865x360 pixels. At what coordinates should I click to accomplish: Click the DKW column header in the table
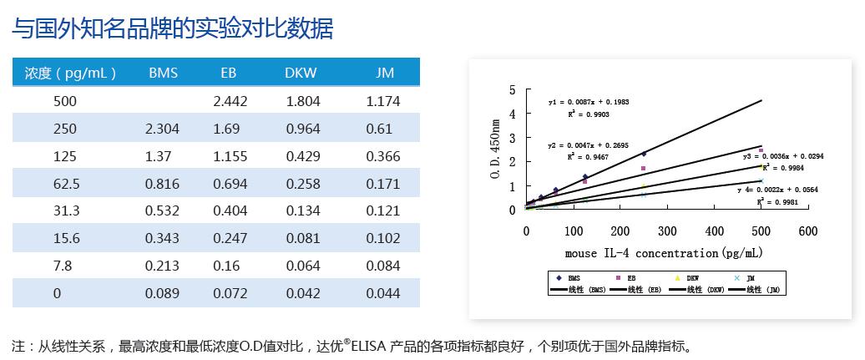point(301,73)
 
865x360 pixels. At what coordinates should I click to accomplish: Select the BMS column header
point(163,73)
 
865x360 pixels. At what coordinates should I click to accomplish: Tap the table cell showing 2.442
point(230,101)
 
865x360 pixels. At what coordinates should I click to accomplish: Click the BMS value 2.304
point(162,129)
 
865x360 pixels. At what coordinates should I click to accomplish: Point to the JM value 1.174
point(383,101)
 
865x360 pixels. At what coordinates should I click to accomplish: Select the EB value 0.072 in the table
point(230,293)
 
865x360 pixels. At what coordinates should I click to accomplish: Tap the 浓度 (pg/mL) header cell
point(70,73)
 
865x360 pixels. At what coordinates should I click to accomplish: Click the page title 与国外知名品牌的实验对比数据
point(173,29)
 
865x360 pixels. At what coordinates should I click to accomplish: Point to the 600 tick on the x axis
point(807,231)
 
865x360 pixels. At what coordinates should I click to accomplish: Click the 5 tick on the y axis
point(513,89)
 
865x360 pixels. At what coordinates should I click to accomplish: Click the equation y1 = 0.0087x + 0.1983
point(589,102)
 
